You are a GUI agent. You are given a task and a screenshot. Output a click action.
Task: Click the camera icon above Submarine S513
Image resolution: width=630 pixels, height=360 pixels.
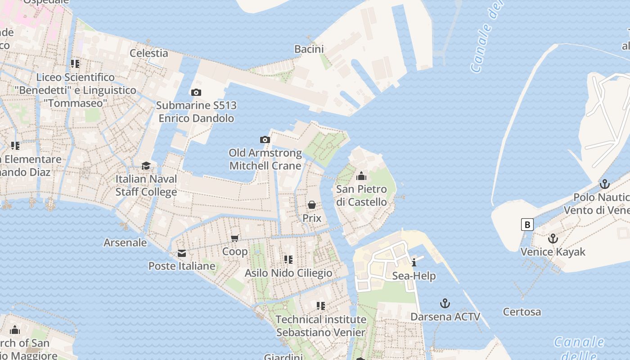point(196,92)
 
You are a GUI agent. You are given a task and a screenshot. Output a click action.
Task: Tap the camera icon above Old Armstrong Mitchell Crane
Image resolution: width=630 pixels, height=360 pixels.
point(265,139)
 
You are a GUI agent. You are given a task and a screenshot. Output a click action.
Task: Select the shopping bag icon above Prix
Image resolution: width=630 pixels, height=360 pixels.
point(312,205)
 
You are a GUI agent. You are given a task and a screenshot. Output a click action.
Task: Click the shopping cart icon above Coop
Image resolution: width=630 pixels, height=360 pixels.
point(234,238)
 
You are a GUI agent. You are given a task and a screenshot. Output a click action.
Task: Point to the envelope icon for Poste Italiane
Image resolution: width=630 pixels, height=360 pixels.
point(182,253)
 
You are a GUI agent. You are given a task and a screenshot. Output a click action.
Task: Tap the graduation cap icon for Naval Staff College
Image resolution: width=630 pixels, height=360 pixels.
point(146,166)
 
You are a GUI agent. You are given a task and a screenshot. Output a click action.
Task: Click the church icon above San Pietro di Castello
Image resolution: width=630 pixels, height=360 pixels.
point(361,175)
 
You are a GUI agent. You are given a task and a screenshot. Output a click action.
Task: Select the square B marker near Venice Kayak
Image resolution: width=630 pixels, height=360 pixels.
point(527,224)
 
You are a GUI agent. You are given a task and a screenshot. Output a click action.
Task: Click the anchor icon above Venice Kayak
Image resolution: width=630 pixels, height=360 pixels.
point(553,238)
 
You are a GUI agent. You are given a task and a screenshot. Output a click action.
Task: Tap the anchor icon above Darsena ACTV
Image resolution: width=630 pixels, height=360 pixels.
point(445,303)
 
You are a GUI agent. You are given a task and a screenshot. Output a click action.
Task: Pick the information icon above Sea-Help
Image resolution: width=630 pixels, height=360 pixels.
point(414,262)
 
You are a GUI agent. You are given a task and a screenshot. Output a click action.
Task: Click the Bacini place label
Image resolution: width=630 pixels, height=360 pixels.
point(310,49)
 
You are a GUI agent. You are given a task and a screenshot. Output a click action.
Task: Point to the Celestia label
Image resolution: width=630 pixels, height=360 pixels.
point(149,53)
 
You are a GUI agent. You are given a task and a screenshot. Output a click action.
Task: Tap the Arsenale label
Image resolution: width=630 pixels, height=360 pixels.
point(125,243)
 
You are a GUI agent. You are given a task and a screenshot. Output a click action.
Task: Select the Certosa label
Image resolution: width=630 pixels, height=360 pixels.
point(522,311)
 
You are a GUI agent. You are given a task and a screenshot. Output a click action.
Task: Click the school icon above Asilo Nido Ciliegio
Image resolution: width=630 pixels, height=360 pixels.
point(288,260)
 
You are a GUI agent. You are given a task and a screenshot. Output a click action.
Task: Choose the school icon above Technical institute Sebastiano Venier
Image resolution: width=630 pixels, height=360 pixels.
point(321,306)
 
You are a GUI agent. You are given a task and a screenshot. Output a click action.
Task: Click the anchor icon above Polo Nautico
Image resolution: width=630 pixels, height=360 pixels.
point(604,184)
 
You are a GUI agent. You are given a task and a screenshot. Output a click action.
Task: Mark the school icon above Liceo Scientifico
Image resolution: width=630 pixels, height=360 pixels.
point(75,64)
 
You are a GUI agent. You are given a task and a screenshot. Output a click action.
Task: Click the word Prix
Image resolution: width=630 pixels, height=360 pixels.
point(312,218)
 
